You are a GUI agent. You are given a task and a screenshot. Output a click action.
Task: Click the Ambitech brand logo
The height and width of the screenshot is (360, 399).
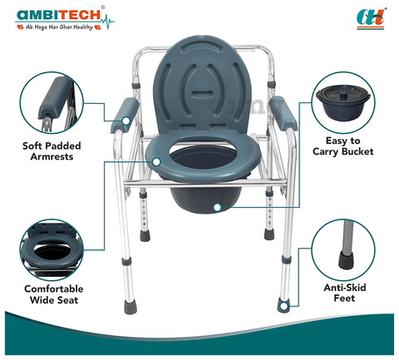point(65,18)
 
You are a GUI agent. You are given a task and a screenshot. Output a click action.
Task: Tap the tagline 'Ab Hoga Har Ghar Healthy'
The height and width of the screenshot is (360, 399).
point(59,27)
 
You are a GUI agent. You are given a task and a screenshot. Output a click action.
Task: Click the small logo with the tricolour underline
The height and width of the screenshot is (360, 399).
point(371,19)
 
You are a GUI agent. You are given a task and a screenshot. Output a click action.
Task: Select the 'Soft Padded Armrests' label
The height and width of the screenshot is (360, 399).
point(52,151)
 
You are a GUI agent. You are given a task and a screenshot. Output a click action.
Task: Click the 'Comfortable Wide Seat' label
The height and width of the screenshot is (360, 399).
point(54,294)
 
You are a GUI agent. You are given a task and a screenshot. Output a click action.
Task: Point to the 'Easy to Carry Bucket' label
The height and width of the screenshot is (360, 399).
point(343,146)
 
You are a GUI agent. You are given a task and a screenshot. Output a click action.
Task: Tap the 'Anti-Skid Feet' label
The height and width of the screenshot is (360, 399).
point(345,293)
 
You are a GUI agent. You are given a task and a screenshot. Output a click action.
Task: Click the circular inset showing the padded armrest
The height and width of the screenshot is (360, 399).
point(52,102)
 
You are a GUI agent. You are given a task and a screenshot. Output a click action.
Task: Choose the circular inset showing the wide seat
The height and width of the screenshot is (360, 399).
point(52,250)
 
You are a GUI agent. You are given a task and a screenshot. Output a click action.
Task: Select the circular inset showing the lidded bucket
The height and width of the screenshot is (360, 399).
point(343,103)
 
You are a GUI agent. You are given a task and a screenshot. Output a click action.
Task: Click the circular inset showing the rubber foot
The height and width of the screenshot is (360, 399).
point(343,250)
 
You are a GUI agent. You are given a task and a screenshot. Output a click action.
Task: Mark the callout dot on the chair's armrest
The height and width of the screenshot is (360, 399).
point(126,121)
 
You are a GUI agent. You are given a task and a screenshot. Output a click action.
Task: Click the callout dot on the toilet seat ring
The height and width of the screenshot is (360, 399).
point(156,162)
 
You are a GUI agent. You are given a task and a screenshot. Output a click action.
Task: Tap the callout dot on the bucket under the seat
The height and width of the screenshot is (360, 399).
point(218,207)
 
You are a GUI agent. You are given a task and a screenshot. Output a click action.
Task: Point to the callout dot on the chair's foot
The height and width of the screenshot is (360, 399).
point(283,307)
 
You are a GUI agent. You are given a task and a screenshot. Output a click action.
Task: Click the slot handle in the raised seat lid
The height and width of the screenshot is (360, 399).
point(203,93)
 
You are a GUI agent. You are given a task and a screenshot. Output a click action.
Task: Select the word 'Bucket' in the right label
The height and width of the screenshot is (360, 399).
point(357,151)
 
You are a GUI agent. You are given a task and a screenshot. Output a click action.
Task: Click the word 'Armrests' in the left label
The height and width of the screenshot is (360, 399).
point(52,156)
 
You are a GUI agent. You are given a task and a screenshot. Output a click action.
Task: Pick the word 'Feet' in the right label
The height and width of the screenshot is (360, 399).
point(344,298)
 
